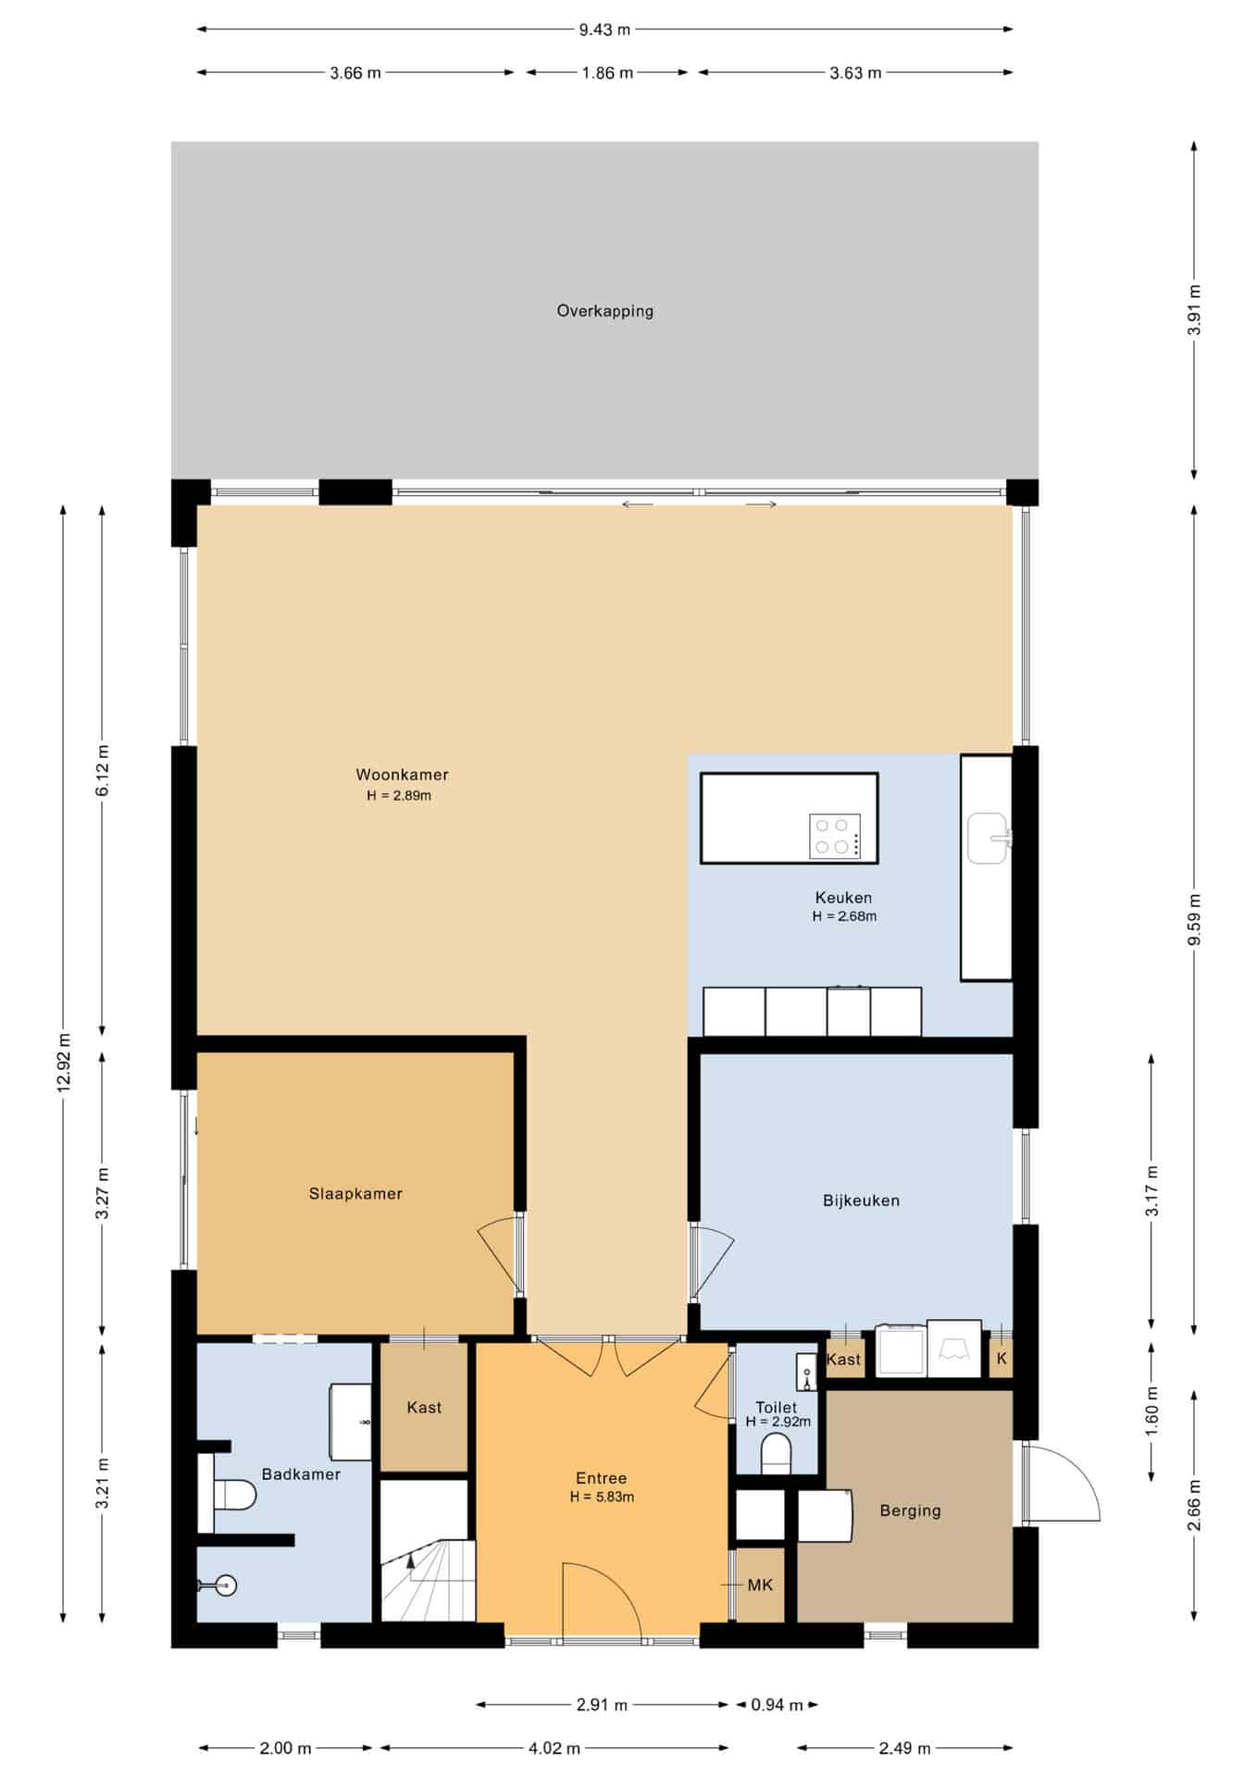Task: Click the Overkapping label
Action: pos(604,311)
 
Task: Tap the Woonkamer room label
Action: pos(402,775)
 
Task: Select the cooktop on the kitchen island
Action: pos(835,836)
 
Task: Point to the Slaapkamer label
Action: pos(355,1194)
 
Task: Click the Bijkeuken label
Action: pos(861,1200)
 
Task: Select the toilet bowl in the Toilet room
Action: pos(776,1454)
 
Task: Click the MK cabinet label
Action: pos(760,1585)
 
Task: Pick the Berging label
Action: pos(910,1510)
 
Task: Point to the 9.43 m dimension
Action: pos(604,30)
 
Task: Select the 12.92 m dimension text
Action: pos(63,1062)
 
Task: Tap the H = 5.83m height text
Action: pos(602,1497)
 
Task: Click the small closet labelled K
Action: pos(1002,1360)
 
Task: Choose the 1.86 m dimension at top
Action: pos(607,73)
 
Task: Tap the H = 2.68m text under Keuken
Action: pos(844,916)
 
